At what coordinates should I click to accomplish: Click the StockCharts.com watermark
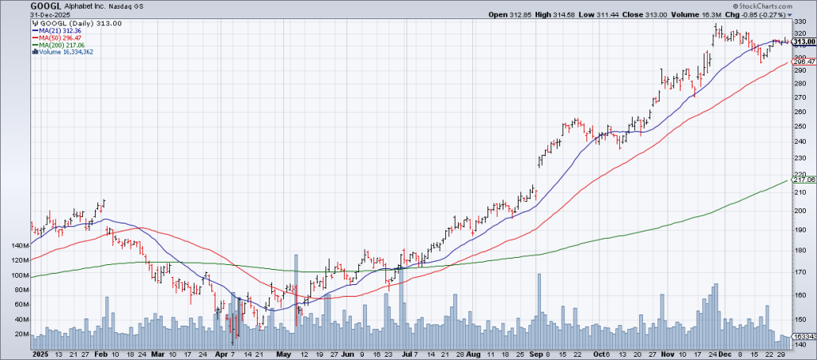(x=782, y=6)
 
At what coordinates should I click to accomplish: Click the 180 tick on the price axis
(x=799, y=251)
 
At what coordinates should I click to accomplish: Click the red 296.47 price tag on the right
(x=802, y=61)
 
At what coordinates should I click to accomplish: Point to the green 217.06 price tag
(x=802, y=180)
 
